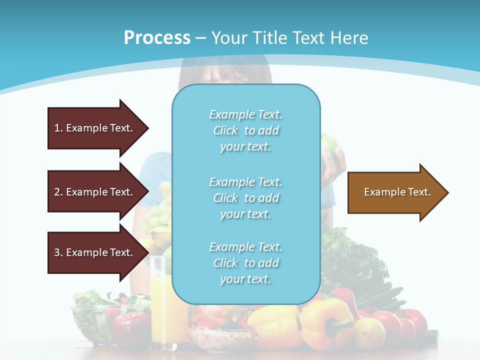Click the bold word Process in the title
[x=157, y=38]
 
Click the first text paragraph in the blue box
[x=245, y=130]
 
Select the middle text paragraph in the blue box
[x=245, y=198]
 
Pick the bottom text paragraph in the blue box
[x=245, y=263]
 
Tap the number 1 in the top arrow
[x=57, y=128]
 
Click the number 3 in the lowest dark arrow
[x=57, y=252]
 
